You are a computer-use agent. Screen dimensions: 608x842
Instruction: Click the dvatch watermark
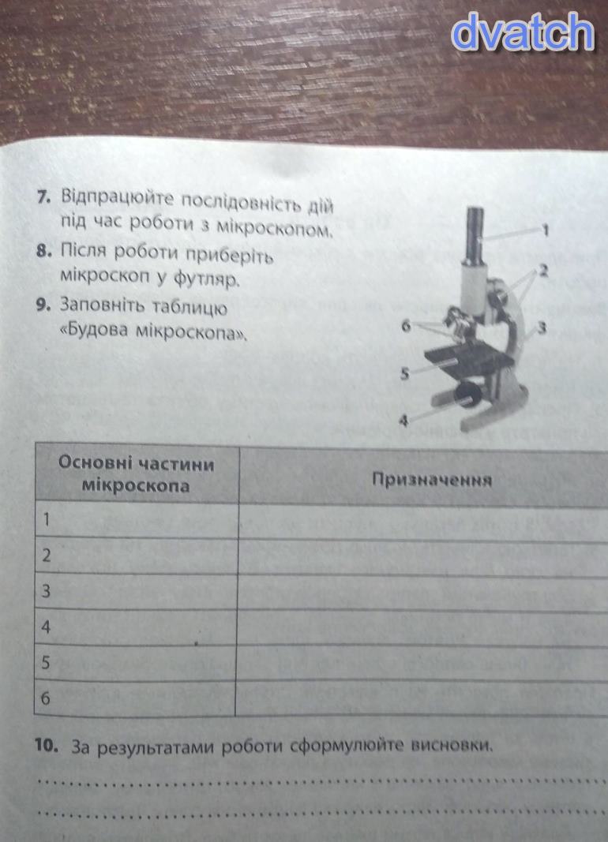pyautogui.click(x=524, y=32)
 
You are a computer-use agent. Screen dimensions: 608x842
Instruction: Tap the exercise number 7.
pyautogui.click(x=43, y=196)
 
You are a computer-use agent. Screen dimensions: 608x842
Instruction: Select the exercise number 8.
pyautogui.click(x=43, y=251)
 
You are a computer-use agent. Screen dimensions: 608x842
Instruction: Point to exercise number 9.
pyautogui.click(x=43, y=305)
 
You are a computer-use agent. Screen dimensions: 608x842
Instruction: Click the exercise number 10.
pyautogui.click(x=47, y=746)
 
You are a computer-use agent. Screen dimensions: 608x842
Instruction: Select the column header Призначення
pyautogui.click(x=432, y=480)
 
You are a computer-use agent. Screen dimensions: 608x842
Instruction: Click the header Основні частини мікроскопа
pyautogui.click(x=136, y=474)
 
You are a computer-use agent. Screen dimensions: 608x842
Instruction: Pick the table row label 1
pyautogui.click(x=46, y=519)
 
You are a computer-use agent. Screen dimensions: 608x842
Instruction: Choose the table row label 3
pyautogui.click(x=46, y=591)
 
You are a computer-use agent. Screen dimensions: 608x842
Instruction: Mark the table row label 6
pyautogui.click(x=46, y=698)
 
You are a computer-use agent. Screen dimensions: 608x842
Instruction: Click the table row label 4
pyautogui.click(x=46, y=627)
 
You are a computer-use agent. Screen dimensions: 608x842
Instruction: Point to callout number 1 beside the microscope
pyautogui.click(x=546, y=230)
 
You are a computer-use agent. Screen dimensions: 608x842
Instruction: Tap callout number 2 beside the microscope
pyautogui.click(x=543, y=270)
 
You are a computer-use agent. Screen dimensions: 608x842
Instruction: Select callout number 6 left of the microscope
pyautogui.click(x=407, y=325)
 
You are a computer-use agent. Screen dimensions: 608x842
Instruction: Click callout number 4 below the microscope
pyautogui.click(x=404, y=421)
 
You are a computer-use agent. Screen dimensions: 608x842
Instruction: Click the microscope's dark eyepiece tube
pyautogui.click(x=475, y=235)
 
